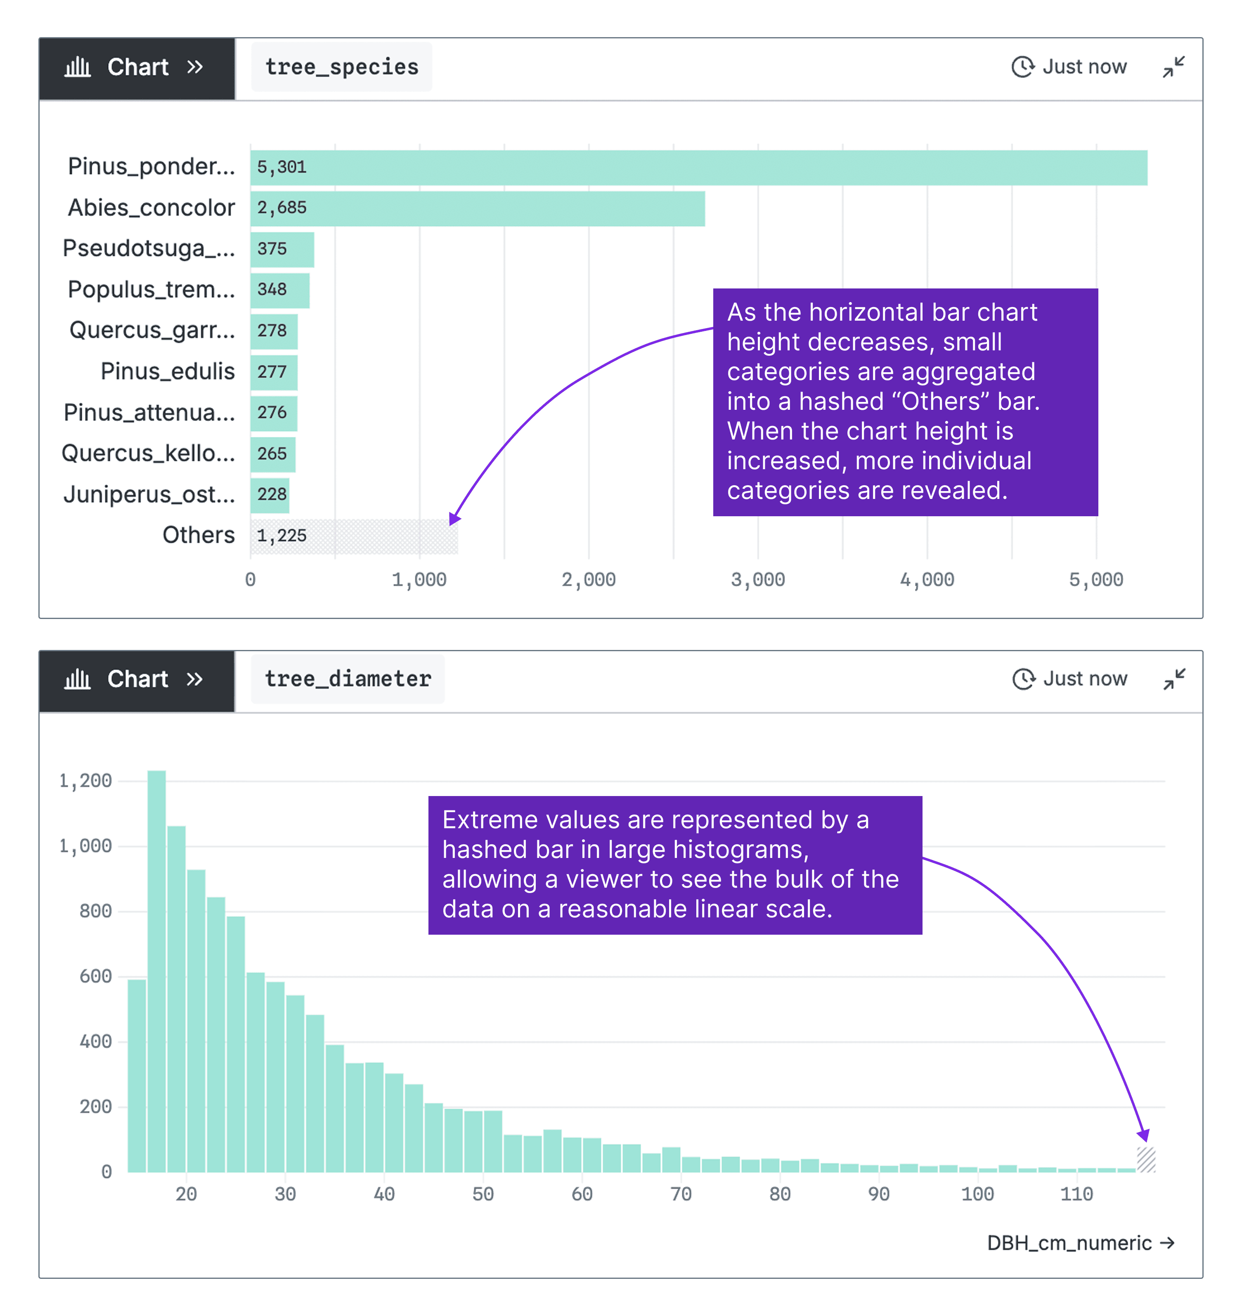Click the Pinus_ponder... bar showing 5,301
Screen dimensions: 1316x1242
tap(698, 168)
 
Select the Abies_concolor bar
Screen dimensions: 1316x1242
tap(477, 208)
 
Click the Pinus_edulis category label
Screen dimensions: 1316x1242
tap(168, 371)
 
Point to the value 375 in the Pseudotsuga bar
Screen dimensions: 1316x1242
tap(272, 249)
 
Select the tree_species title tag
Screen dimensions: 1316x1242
tap(342, 67)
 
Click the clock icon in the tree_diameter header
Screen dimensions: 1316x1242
tap(1024, 679)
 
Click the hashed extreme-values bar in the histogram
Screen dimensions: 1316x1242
tap(1146, 1160)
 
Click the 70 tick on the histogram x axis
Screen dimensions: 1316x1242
tap(681, 1194)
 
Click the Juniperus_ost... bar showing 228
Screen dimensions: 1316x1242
tap(270, 495)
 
